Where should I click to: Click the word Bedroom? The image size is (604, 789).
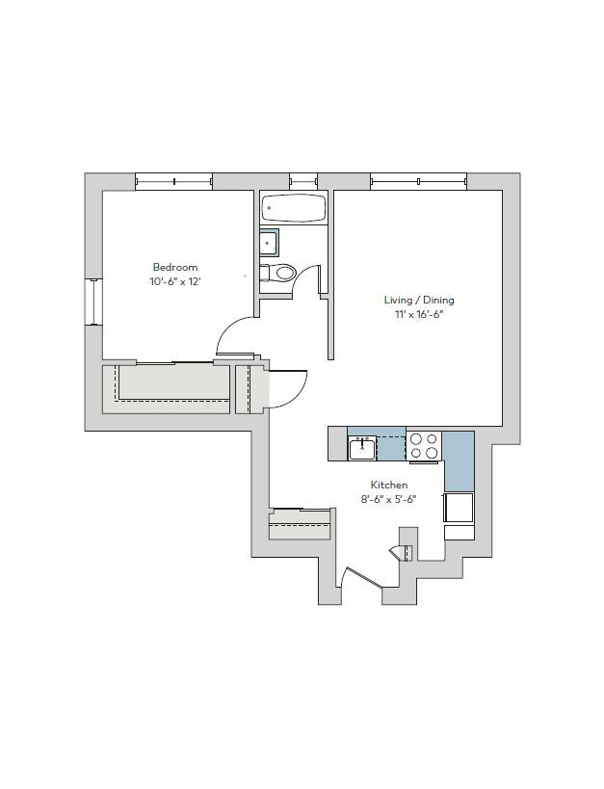click(x=174, y=267)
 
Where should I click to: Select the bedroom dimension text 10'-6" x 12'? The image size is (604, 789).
click(x=174, y=281)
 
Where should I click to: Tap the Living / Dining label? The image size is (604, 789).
click(x=418, y=300)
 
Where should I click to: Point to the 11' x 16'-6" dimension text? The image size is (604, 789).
click(x=418, y=314)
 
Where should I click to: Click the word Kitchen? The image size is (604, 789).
click(x=389, y=485)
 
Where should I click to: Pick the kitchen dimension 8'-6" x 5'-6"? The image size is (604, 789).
click(x=389, y=499)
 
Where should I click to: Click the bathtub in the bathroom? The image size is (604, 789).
click(x=294, y=208)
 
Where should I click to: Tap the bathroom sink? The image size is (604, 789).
click(x=269, y=243)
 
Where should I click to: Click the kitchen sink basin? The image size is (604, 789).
click(x=363, y=448)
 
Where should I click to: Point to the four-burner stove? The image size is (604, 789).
click(x=424, y=446)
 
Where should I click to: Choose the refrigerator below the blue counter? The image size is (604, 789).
click(x=459, y=507)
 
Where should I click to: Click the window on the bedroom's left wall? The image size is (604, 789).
click(x=93, y=302)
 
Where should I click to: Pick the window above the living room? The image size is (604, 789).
click(x=418, y=181)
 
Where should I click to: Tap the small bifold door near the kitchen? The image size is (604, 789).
click(x=402, y=552)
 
